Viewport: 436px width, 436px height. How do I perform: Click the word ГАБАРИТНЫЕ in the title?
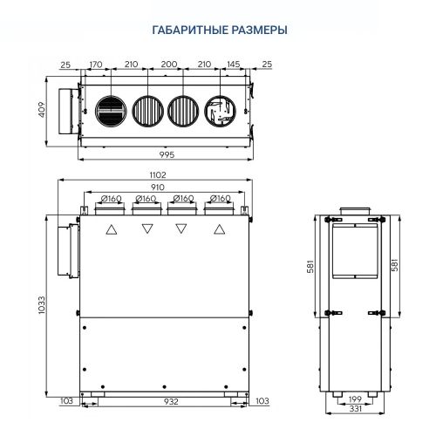coord(183,30)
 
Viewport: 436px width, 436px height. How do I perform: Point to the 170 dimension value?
coord(96,65)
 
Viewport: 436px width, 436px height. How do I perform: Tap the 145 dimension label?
coord(233,65)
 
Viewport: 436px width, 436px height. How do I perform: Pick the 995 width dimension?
coord(167,155)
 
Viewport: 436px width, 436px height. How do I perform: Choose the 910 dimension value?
coord(159,187)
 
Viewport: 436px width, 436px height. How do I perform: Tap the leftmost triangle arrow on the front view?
coord(111,230)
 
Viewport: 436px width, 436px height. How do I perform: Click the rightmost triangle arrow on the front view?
coord(215,230)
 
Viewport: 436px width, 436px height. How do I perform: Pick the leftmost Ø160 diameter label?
coord(110,199)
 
